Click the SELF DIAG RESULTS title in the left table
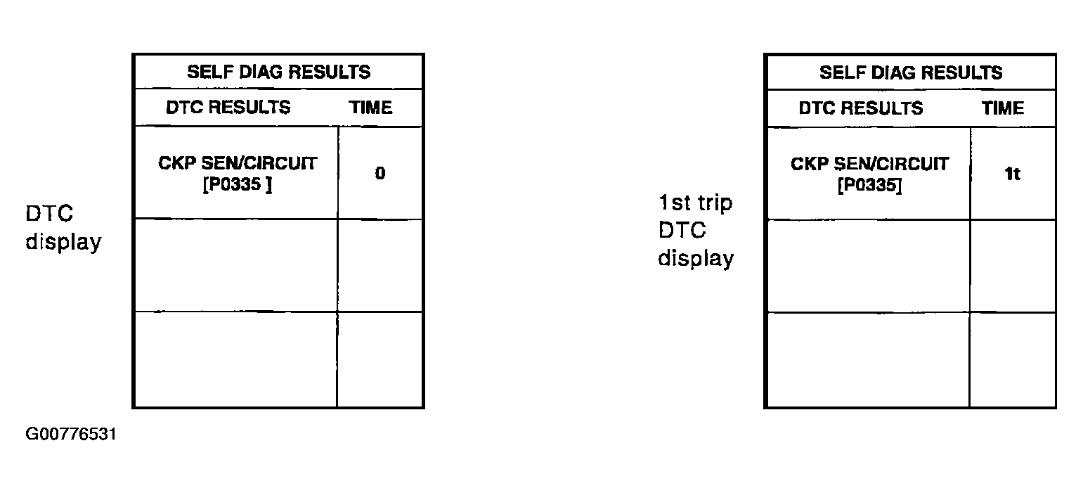[x=279, y=72]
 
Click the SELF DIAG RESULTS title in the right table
[x=911, y=72]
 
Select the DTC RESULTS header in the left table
[x=228, y=108]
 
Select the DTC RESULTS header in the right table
[x=861, y=108]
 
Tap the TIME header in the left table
[x=371, y=108]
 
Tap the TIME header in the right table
[x=1003, y=108]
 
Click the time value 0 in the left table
[x=380, y=173]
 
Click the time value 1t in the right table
[x=1013, y=174]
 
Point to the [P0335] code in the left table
[x=238, y=184]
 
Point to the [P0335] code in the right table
[x=870, y=185]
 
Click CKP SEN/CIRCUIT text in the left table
[x=238, y=163]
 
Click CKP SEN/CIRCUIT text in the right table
[x=870, y=164]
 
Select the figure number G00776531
[x=70, y=434]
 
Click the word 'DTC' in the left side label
[x=49, y=213]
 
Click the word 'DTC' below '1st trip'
[x=682, y=230]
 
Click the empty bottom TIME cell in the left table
[x=380, y=359]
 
